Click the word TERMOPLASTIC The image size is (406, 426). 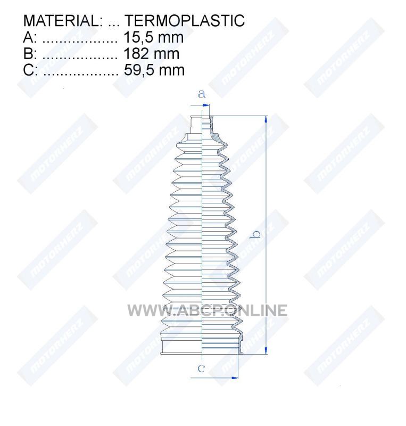point(185,20)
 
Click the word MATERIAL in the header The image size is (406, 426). point(61,20)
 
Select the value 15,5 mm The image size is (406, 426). point(153,37)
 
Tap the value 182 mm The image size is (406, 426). point(152,54)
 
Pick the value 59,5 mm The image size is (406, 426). point(154,70)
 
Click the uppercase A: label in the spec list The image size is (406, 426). point(30,37)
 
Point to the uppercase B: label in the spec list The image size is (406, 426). point(30,54)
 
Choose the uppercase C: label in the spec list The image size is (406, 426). point(30,70)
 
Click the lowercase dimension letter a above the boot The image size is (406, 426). point(201,94)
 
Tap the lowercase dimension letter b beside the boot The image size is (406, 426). point(255,234)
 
